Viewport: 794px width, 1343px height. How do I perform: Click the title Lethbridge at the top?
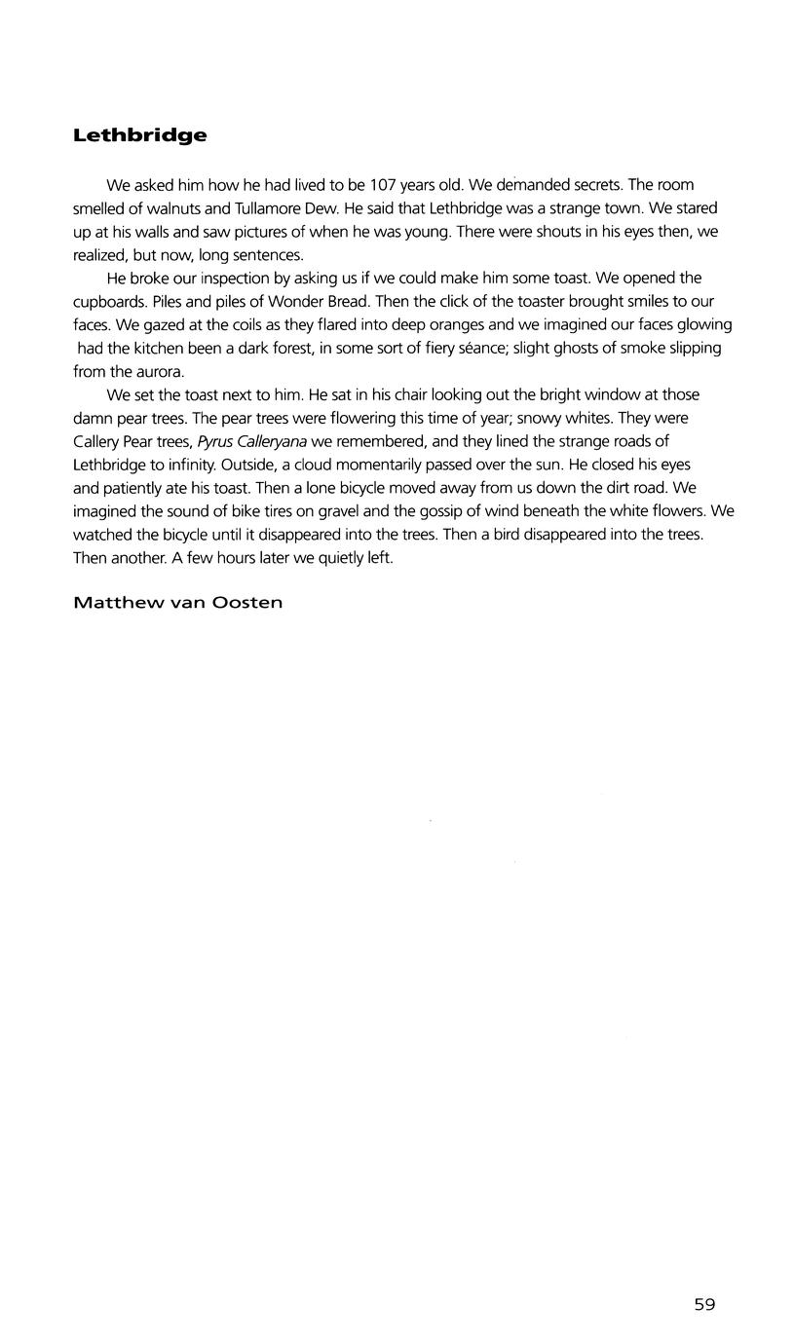click(x=139, y=135)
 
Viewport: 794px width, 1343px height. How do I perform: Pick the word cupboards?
click(x=106, y=302)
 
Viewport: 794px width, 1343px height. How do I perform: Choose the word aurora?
click(x=159, y=372)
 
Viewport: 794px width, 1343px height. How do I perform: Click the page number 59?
click(x=704, y=1305)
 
